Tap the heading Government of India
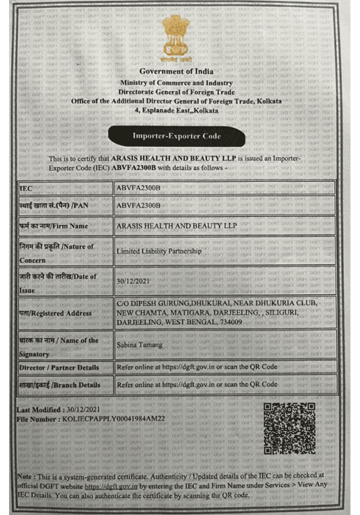(x=176, y=71)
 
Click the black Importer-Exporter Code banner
(x=176, y=136)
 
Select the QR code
(x=289, y=428)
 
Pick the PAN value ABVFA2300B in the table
(x=138, y=205)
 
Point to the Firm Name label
(x=54, y=226)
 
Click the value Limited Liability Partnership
(x=159, y=251)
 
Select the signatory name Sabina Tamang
(x=139, y=345)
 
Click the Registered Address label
(x=55, y=313)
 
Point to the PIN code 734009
(x=229, y=322)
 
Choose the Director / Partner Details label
(x=59, y=367)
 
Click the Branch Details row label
(x=59, y=385)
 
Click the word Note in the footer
(x=24, y=476)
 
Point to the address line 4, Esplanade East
(x=177, y=110)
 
